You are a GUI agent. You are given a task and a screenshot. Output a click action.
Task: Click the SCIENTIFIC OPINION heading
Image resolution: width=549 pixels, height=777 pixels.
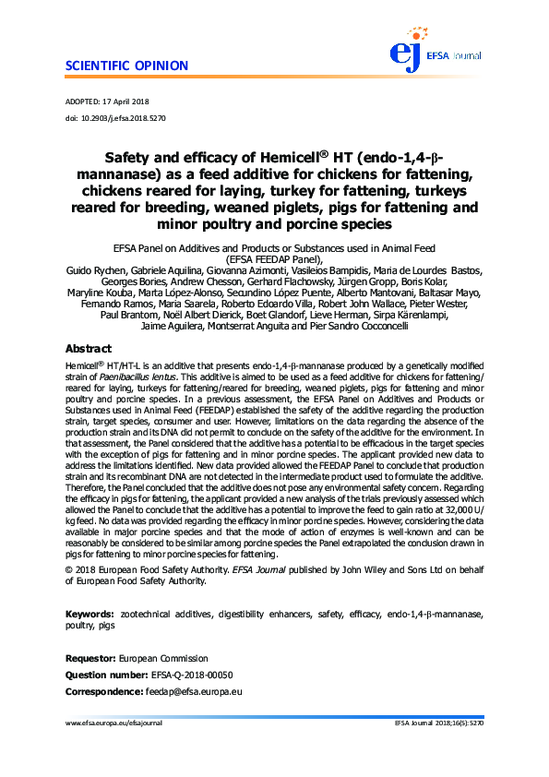127,66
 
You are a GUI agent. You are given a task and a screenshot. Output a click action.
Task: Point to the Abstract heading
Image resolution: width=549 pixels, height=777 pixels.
89,350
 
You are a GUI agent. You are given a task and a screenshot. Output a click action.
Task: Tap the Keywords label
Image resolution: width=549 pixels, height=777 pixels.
90,613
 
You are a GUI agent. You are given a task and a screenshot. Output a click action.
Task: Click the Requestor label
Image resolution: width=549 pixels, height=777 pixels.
90,660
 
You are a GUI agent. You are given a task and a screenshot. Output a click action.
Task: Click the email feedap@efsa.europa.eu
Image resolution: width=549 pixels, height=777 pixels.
194,691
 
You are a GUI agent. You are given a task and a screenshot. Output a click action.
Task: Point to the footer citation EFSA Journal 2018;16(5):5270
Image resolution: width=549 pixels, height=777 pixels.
437,723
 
